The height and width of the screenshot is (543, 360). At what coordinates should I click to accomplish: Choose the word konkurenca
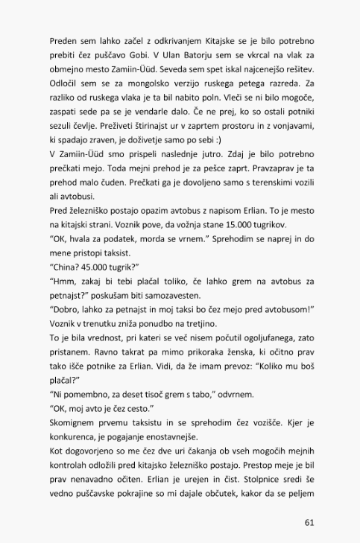tap(75, 436)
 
